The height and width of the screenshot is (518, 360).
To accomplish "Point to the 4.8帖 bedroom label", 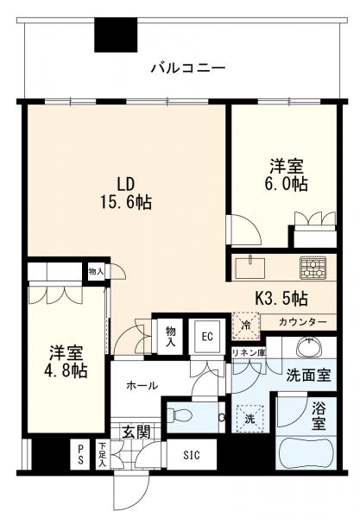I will [66, 361].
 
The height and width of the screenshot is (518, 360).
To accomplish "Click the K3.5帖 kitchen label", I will [281, 300].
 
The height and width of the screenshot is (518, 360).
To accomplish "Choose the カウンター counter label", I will [302, 322].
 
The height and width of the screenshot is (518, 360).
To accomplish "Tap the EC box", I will [207, 336].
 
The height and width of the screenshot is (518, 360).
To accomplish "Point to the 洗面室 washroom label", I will [312, 376].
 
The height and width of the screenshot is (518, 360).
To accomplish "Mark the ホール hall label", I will [141, 386].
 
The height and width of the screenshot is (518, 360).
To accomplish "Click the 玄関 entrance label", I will [135, 429].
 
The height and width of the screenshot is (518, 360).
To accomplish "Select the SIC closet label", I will [188, 453].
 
